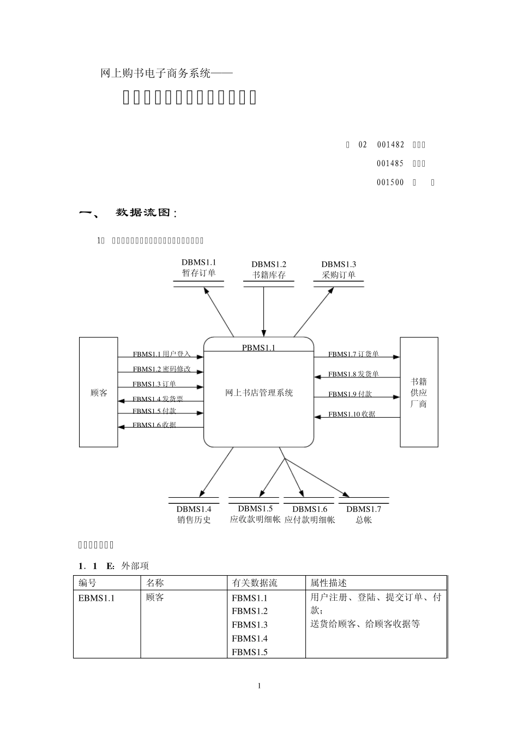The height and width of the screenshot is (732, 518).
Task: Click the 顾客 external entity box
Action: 99,392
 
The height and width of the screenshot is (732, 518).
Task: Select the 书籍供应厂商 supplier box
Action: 419,392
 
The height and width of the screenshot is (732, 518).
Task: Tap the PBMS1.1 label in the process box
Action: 258,347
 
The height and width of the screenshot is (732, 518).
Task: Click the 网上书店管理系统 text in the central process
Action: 259,393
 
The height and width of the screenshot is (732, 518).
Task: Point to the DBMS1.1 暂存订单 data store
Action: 198,269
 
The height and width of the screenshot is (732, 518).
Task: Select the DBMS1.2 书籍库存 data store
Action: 268,270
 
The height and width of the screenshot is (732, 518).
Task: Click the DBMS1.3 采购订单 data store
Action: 339,270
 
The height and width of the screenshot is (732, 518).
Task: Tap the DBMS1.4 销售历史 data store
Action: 194,514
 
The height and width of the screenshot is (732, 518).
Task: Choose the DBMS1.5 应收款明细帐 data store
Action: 255,514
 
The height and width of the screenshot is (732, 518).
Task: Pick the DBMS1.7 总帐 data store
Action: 364,514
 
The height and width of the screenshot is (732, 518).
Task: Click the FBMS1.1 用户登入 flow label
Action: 161,354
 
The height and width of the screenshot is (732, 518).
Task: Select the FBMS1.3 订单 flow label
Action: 154,384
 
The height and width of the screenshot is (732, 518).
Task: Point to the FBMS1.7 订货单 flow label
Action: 353,354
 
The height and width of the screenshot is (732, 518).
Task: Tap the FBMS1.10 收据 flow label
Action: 352,414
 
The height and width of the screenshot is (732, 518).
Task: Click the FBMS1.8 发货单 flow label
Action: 353,374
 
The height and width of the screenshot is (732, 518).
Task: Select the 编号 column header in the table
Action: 87,583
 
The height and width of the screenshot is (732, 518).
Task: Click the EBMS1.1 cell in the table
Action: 97,597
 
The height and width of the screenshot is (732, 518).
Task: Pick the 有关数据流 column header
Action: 254,583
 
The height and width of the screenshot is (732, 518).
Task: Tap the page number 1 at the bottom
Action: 259,686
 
